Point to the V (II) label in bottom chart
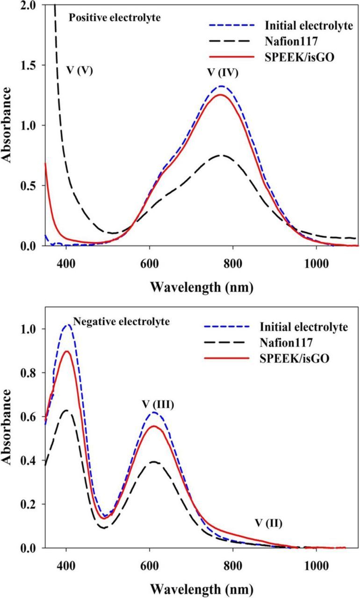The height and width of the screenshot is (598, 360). click(x=268, y=521)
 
